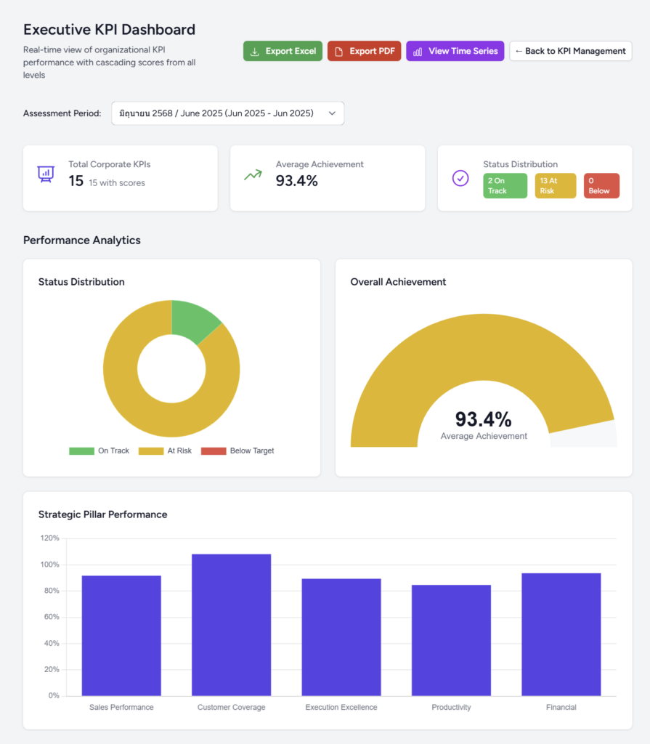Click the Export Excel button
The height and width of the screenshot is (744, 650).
tap(283, 51)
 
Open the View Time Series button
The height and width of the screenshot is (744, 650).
tap(455, 51)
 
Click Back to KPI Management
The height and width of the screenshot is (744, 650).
tap(570, 51)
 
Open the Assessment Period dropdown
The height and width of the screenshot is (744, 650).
tap(227, 113)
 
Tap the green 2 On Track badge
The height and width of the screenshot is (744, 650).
tap(505, 186)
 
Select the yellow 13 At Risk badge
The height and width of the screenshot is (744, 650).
tap(555, 186)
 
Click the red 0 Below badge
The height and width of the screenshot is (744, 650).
tap(601, 186)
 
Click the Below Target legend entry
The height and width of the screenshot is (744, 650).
tap(237, 451)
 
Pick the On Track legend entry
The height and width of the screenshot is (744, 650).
tap(99, 451)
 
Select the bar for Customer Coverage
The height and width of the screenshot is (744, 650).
tap(231, 625)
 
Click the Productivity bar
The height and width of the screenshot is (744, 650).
tap(451, 640)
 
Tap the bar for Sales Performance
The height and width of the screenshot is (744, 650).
tap(121, 636)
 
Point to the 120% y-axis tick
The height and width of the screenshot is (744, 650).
tap(50, 538)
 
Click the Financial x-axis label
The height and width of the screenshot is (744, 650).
tap(561, 707)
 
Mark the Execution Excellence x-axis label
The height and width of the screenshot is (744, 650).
tap(341, 707)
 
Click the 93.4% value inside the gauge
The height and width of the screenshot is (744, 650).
tap(483, 419)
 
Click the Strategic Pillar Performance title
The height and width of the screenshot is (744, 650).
tap(102, 514)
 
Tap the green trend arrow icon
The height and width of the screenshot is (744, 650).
tap(253, 175)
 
